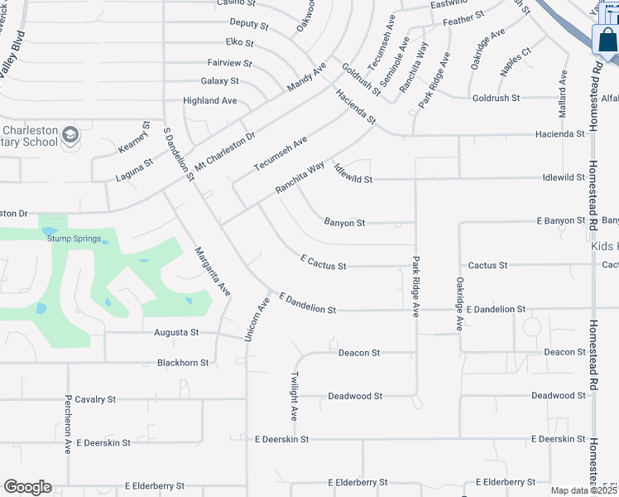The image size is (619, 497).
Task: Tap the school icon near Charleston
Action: pos(72,133)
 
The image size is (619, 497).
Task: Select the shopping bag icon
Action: pos(606,40)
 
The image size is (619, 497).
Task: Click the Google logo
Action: pos(27,487)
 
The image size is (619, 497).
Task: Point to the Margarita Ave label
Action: pos(212,272)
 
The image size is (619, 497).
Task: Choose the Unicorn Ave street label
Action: pos(257,319)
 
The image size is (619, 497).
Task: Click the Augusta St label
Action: pos(177,332)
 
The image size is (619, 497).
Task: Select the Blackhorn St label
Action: pos(183,363)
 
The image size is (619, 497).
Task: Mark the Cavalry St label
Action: pos(95,399)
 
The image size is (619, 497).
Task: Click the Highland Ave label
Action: pos(210,101)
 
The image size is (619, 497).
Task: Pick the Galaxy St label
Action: pos(219,81)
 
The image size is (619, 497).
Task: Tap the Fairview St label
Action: pos(229,62)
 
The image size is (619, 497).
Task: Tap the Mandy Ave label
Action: pos(306,76)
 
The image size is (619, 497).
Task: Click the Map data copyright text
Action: pos(583,490)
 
